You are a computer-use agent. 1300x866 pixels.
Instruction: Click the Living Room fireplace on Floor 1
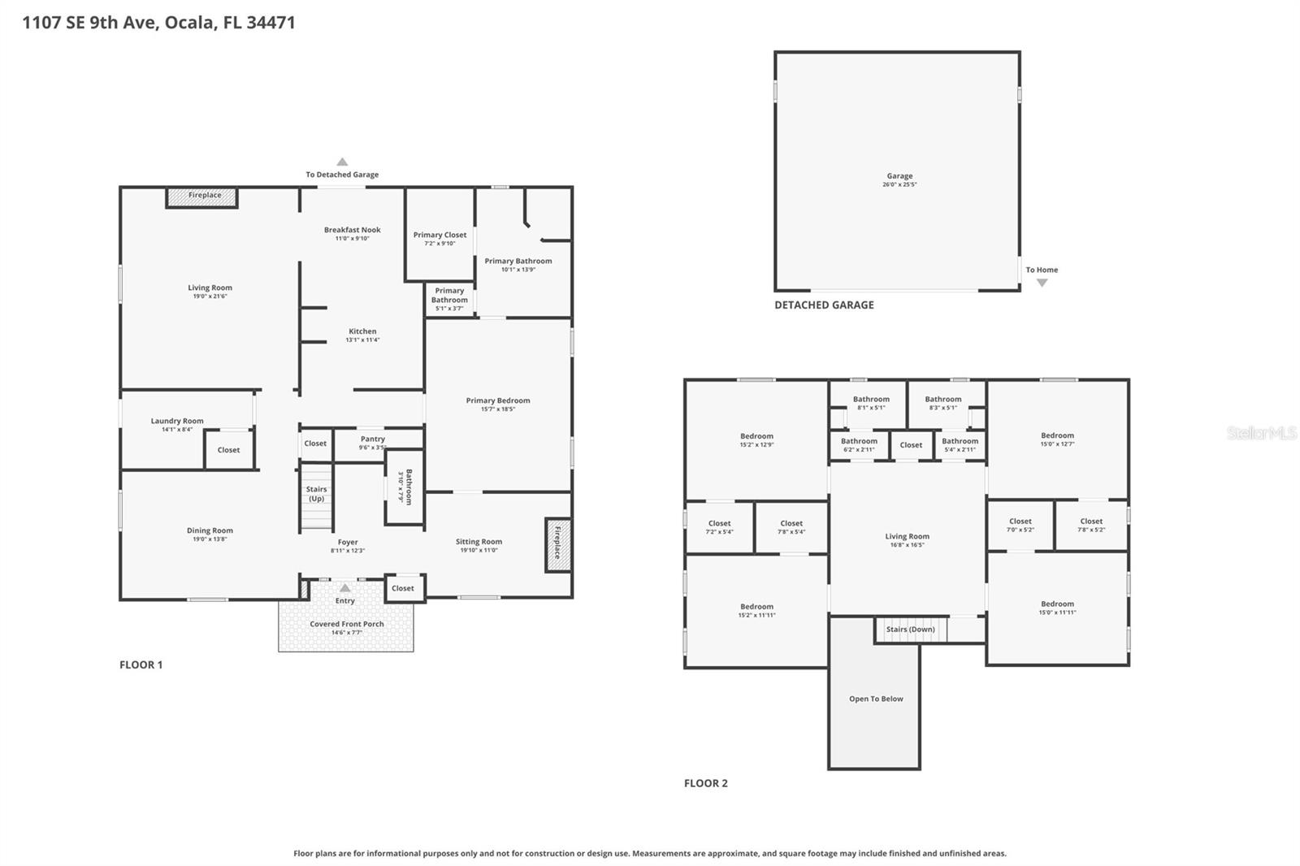pos(202,197)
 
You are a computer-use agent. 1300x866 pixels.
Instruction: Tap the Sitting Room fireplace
pos(557,545)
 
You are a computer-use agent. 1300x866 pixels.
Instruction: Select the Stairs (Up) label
pos(316,494)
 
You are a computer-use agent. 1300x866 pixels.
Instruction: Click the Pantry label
pos(373,439)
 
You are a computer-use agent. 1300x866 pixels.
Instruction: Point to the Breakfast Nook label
pos(352,231)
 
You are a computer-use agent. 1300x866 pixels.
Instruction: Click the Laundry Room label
pos(177,421)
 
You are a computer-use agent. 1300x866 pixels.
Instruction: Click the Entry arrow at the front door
pos(345,588)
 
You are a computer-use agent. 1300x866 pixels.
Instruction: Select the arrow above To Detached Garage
pos(342,162)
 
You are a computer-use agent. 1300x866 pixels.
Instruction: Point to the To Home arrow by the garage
pos(1042,283)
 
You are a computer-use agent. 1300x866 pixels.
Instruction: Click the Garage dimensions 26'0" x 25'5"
pos(899,184)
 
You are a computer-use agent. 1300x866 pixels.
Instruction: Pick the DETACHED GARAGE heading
pos(824,305)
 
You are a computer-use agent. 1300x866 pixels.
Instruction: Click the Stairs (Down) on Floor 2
pos(911,630)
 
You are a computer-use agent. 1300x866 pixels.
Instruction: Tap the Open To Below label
pos(876,699)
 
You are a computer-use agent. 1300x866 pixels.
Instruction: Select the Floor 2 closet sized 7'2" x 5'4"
pos(719,527)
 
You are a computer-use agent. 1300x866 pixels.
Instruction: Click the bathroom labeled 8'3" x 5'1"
pos(943,403)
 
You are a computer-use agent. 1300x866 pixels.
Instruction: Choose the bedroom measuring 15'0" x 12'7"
pos(1057,439)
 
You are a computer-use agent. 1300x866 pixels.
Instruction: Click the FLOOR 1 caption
pos(141,665)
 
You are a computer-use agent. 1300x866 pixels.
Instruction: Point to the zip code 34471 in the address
pos(271,23)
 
